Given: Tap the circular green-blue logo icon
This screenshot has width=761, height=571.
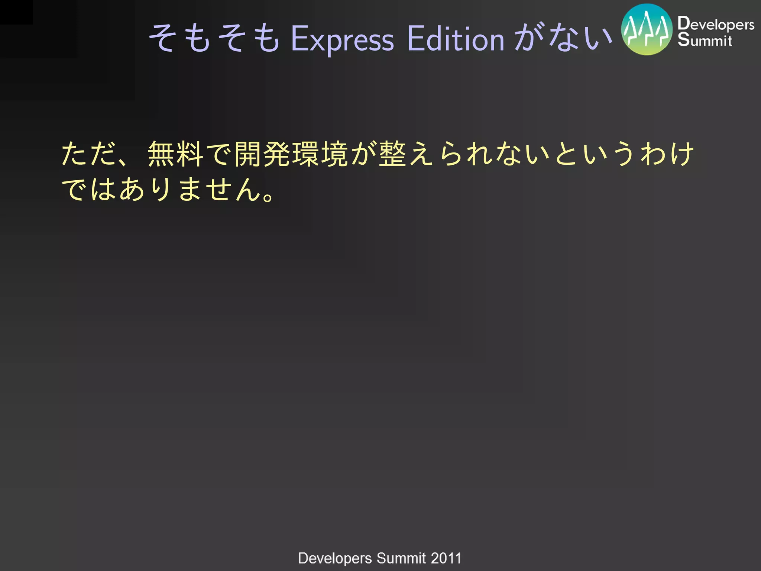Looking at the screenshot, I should pyautogui.click(x=647, y=30).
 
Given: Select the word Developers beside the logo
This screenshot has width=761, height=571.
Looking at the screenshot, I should pyautogui.click(x=716, y=24).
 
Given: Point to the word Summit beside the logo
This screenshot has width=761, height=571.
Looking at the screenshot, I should pyautogui.click(x=705, y=40).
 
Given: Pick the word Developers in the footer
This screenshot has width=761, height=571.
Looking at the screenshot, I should pyautogui.click(x=335, y=558).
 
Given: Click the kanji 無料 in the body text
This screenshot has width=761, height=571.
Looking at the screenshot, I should pyautogui.click(x=175, y=154).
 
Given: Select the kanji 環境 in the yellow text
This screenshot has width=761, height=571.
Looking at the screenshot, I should pyautogui.click(x=320, y=154).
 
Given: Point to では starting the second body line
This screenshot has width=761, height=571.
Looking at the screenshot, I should pyautogui.click(x=89, y=190).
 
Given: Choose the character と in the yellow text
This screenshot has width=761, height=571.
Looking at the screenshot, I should pyautogui.click(x=567, y=154).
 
